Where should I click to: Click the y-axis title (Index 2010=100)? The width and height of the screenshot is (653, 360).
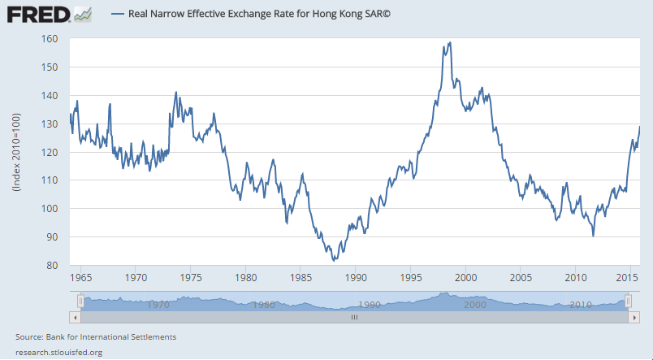click(17, 152)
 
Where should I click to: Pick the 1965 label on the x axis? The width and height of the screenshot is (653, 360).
click(80, 277)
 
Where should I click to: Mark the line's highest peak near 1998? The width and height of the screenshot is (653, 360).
click(449, 42)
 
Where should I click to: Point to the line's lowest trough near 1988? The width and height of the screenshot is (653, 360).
click(334, 261)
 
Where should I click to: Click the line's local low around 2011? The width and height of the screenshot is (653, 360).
click(594, 236)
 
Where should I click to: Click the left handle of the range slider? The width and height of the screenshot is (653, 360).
click(80, 301)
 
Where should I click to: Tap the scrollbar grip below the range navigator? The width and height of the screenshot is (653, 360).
click(353, 318)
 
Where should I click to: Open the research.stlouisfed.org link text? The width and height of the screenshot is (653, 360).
click(58, 352)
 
